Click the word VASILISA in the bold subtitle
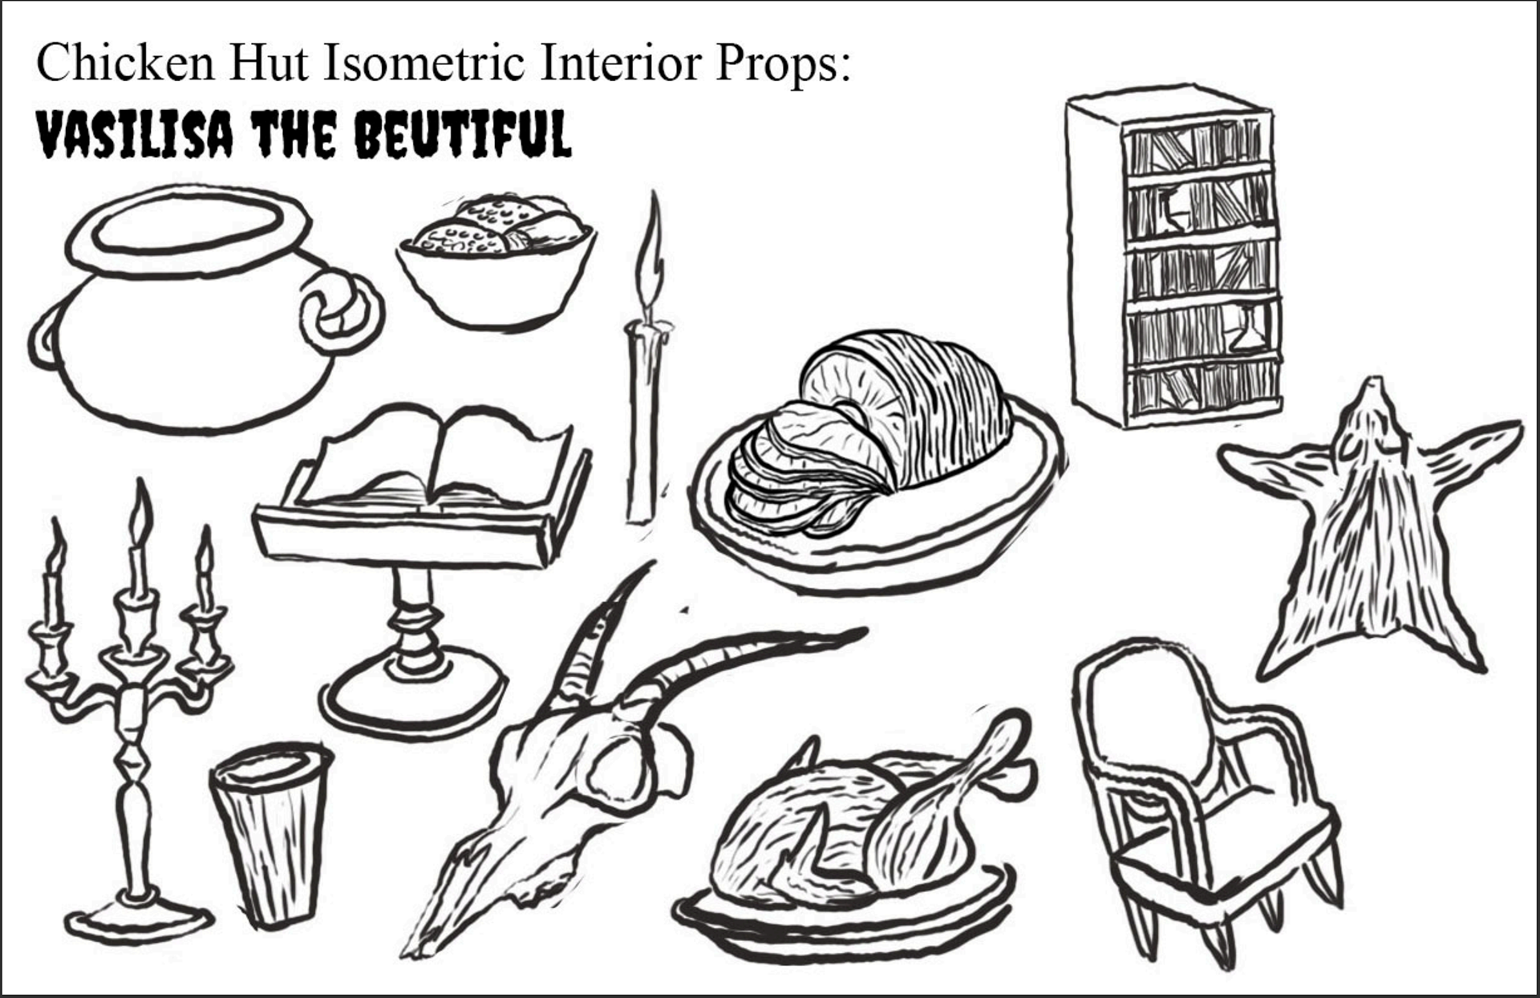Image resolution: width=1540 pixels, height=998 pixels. [135, 135]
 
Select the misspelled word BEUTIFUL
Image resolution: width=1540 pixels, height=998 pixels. [463, 135]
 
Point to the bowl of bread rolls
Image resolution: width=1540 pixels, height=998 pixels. [496, 261]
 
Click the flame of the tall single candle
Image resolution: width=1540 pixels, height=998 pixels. [653, 249]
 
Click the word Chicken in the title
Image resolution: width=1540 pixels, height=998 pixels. [125, 63]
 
